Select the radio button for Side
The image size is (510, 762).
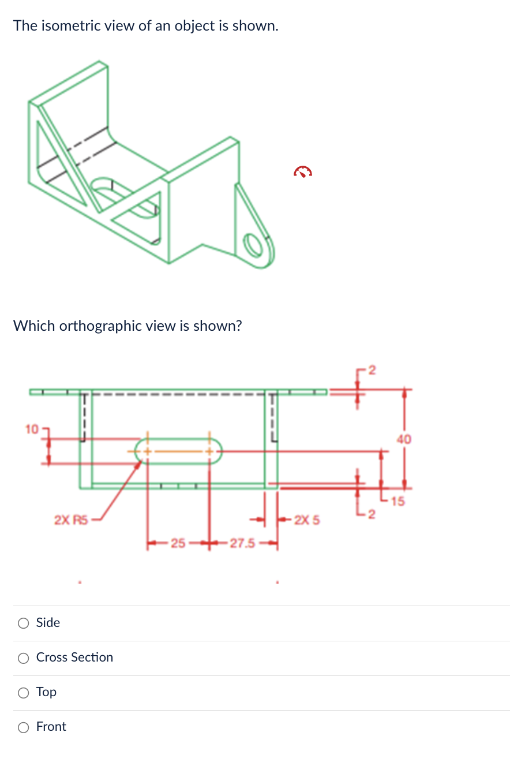23,623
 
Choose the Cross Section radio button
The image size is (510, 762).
23,658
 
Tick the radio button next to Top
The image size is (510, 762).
23,692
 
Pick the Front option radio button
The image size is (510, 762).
23,727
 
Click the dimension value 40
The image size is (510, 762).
404,439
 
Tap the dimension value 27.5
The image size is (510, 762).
242,543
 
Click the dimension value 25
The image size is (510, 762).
178,543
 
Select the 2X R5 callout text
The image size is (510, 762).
70,520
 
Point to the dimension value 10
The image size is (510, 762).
31,429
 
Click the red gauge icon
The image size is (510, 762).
303,171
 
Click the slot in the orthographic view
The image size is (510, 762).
178,450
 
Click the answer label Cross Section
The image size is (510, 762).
74,658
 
